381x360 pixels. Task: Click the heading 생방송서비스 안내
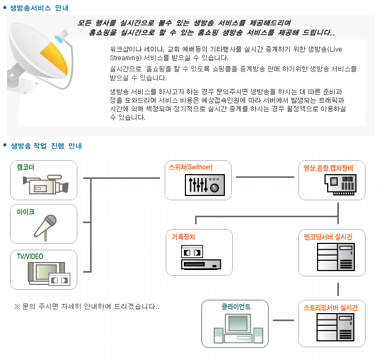click(39, 8)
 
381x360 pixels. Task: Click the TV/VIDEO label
click(30, 257)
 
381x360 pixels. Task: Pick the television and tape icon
click(48, 274)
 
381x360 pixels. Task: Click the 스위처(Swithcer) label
click(190, 167)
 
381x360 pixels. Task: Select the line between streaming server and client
click(283, 321)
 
